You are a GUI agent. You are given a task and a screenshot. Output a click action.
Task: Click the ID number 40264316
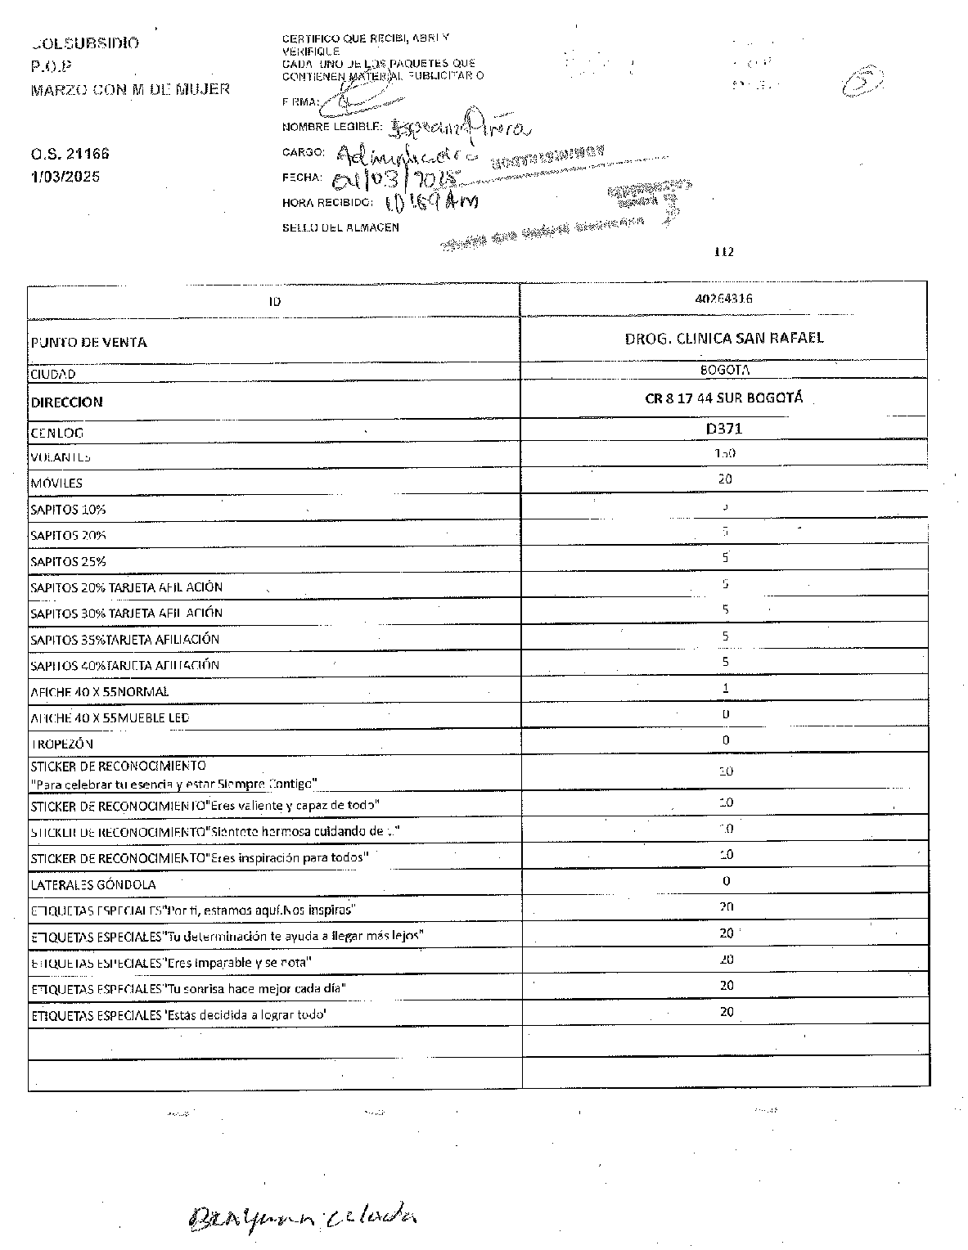tap(724, 299)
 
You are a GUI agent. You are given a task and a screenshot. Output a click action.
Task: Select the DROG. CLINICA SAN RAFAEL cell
tap(724, 338)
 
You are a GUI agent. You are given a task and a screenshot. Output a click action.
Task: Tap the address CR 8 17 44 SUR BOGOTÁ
tap(724, 398)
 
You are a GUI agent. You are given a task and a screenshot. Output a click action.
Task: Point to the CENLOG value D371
tap(724, 428)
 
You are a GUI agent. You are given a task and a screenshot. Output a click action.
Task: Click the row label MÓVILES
tap(56, 483)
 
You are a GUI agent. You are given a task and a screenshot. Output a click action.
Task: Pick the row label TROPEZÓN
tap(62, 744)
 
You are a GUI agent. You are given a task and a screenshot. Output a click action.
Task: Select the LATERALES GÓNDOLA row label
tap(93, 884)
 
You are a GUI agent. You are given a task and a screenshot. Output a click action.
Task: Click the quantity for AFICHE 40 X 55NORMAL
tap(725, 689)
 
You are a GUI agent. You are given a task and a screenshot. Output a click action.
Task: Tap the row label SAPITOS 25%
tap(69, 561)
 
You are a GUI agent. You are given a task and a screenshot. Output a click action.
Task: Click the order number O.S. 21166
tap(70, 154)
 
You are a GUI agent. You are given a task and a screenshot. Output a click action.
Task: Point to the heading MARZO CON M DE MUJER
tap(130, 89)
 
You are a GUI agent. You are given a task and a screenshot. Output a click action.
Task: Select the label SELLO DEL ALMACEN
tap(340, 227)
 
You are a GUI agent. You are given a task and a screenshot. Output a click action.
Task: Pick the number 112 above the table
tap(724, 252)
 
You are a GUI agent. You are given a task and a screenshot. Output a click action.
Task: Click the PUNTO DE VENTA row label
tap(88, 342)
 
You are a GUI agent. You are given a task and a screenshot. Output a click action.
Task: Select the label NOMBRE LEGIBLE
tap(332, 127)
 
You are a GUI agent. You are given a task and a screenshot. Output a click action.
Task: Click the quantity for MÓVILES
tap(725, 479)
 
